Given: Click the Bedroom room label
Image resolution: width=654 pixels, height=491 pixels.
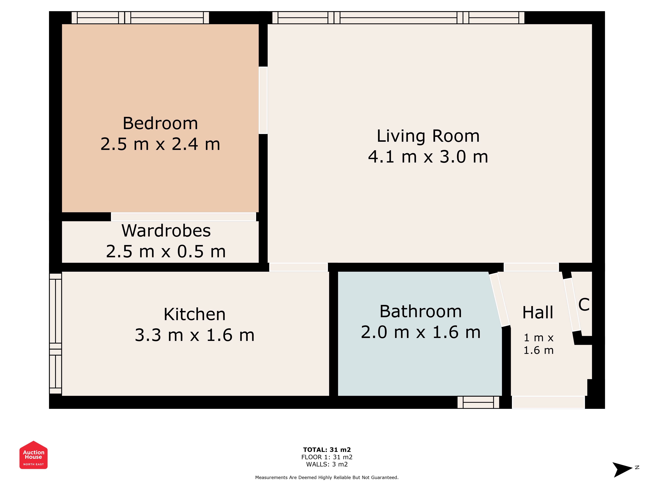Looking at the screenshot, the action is (x=160, y=123).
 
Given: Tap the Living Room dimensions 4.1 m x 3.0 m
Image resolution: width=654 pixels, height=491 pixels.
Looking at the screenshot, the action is (x=428, y=157).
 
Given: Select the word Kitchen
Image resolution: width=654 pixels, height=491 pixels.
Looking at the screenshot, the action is (x=195, y=314).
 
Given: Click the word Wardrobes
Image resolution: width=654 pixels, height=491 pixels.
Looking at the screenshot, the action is (x=166, y=231).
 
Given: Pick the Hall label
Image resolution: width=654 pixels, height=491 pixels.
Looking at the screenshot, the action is (x=538, y=313).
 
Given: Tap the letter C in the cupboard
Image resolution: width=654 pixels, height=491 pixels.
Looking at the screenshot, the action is (x=584, y=305).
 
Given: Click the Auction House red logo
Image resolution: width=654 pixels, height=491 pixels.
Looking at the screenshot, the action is (x=33, y=455).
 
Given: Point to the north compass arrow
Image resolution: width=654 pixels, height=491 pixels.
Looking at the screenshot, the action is (x=622, y=469).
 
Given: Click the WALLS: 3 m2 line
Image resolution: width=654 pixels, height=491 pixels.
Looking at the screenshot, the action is (x=327, y=464).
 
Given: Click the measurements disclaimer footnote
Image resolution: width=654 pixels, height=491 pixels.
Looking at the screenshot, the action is (x=327, y=477).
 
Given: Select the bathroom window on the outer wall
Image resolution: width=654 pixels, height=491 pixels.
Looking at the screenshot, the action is (x=478, y=402).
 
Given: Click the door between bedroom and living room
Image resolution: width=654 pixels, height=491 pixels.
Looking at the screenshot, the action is (x=263, y=100).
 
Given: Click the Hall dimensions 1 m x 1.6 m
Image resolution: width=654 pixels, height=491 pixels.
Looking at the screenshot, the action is (x=538, y=344).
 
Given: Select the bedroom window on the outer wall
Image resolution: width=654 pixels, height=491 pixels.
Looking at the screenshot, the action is (x=140, y=18).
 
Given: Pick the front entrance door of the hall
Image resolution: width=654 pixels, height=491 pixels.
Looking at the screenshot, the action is (x=548, y=402).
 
